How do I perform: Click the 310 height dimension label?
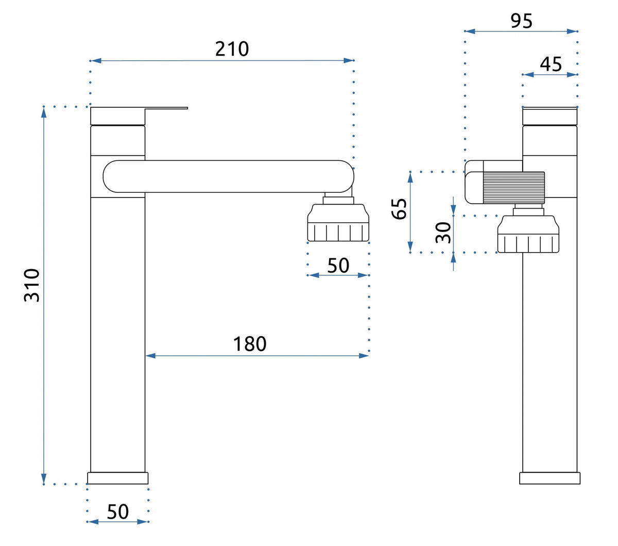click(32, 285)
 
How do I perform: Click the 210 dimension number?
click(232, 49)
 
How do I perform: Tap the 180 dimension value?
click(250, 344)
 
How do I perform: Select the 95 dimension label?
click(521, 21)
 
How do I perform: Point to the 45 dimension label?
click(551, 64)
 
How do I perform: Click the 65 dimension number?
click(399, 209)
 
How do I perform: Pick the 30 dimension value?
click(443, 233)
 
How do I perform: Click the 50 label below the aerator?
click(338, 266)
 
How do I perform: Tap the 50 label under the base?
click(118, 512)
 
